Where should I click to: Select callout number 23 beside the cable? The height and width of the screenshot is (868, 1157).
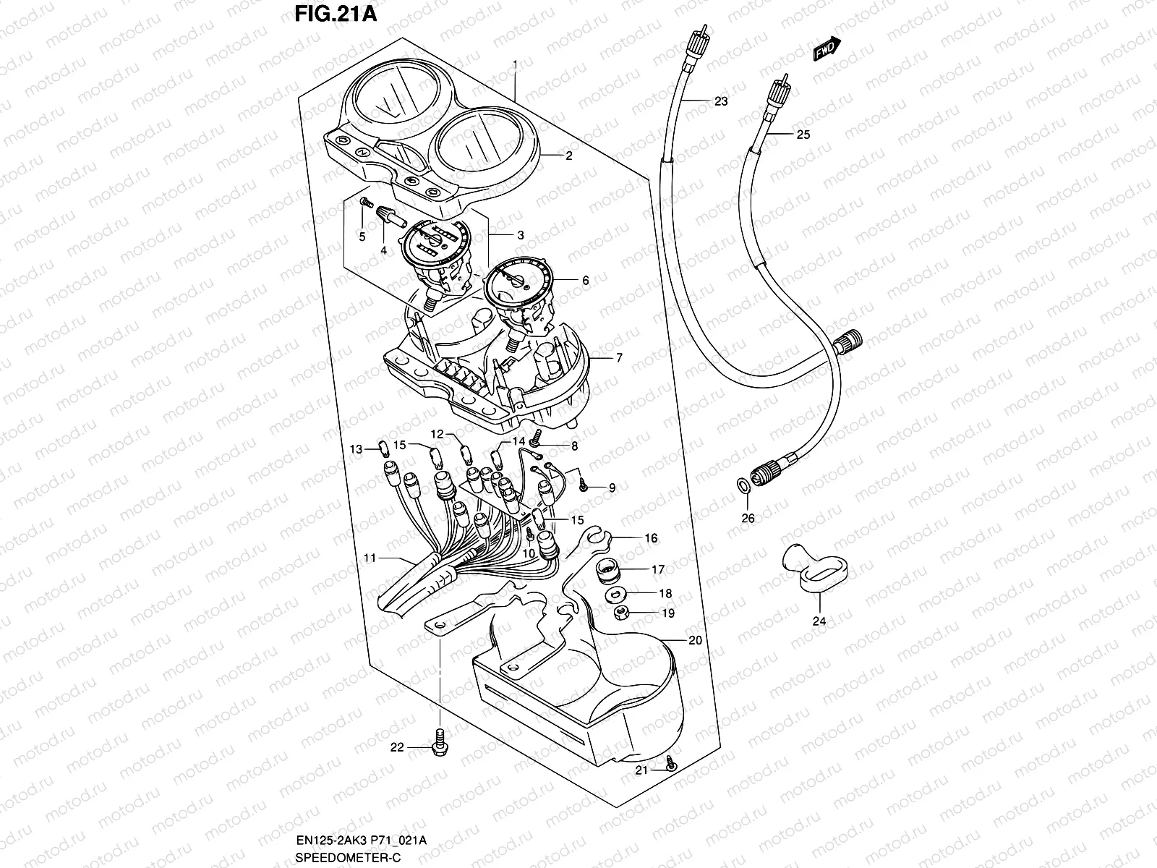tap(720, 101)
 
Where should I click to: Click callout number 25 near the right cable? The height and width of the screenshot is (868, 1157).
tap(803, 135)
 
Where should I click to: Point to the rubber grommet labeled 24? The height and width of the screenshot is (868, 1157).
tap(811, 571)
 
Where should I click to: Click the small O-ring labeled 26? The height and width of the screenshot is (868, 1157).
tap(743, 484)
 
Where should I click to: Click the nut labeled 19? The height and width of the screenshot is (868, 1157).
tap(620, 613)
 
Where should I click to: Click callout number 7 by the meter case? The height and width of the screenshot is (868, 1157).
tap(618, 358)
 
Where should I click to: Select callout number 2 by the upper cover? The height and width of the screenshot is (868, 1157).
tap(568, 156)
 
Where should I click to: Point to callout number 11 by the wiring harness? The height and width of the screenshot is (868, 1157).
tap(370, 558)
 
